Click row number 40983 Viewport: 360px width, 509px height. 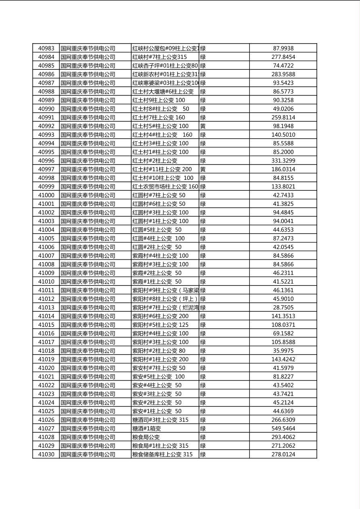coord(46,48)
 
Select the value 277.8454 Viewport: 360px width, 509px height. coord(283,57)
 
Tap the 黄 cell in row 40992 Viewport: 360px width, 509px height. coord(203,126)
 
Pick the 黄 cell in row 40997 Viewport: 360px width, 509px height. coord(203,169)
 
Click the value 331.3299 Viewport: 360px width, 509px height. coord(283,161)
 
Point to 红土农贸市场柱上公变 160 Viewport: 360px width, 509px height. coord(165,187)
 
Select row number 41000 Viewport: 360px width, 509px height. coord(46,195)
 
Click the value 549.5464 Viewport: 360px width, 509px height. coord(283,429)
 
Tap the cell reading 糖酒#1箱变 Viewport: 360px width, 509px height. coord(147,429)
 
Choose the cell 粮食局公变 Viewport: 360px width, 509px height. coord(146,437)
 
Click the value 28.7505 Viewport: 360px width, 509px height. coord(283,308)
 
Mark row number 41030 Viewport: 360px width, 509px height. coord(46,455)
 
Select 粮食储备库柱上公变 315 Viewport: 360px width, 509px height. coord(162,455)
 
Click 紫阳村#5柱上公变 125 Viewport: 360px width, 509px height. coord(160,325)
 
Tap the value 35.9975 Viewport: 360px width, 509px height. coord(283,351)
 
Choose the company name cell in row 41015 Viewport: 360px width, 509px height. coord(88,325)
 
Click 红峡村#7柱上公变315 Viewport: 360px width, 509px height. coord(159,57)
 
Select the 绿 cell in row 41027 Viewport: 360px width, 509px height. coord(203,429)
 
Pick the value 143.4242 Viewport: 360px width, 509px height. coord(283,359)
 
